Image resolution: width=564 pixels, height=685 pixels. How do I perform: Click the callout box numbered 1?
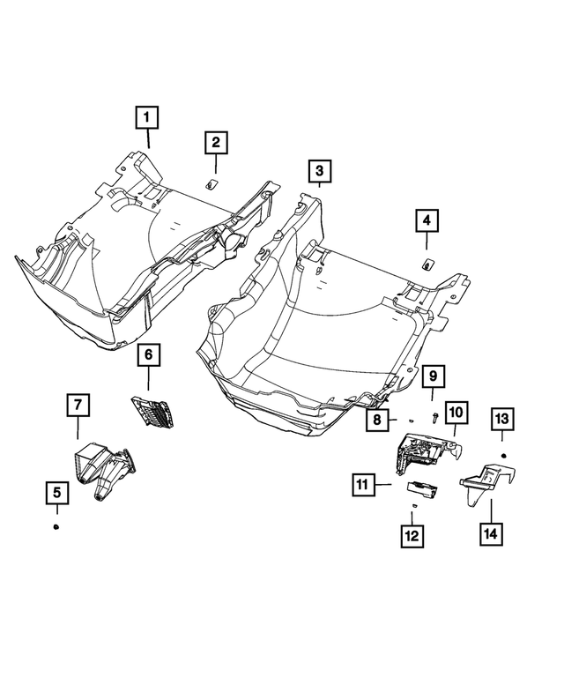[x=147, y=115]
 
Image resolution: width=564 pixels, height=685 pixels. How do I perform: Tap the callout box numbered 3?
[x=319, y=171]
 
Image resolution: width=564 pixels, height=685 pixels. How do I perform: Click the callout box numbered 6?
[x=148, y=354]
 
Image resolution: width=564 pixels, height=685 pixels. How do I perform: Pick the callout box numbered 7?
[x=77, y=406]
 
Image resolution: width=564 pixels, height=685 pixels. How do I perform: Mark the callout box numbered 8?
[x=376, y=421]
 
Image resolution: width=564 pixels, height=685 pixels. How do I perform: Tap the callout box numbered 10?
[x=456, y=412]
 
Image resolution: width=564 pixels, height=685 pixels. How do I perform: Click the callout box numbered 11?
[x=361, y=483]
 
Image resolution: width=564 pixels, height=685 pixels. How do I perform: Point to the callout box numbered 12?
[x=412, y=533]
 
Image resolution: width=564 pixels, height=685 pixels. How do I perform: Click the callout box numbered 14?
[x=489, y=532]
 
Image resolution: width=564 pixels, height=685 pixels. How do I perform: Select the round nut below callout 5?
[x=56, y=525]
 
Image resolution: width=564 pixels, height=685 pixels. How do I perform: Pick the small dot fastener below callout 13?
[x=503, y=453]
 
